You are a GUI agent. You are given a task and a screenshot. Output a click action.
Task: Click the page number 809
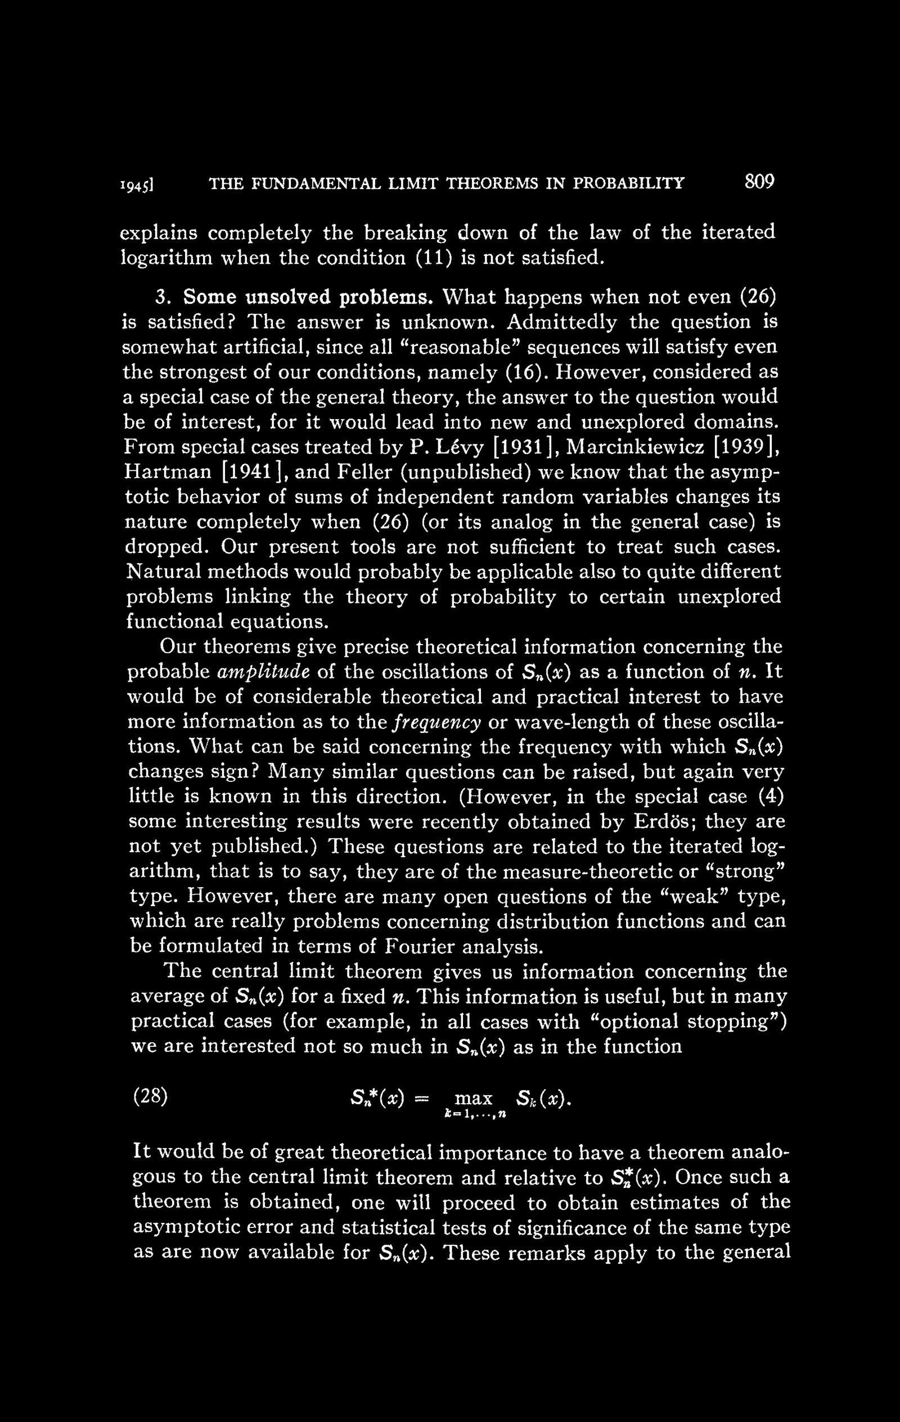pyautogui.click(x=759, y=181)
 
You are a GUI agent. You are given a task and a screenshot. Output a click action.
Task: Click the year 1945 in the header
pyautogui.click(x=137, y=184)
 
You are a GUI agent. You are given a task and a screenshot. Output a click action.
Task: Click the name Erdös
pyautogui.click(x=667, y=821)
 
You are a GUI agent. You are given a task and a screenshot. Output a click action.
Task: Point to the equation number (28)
pyautogui.click(x=150, y=1097)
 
